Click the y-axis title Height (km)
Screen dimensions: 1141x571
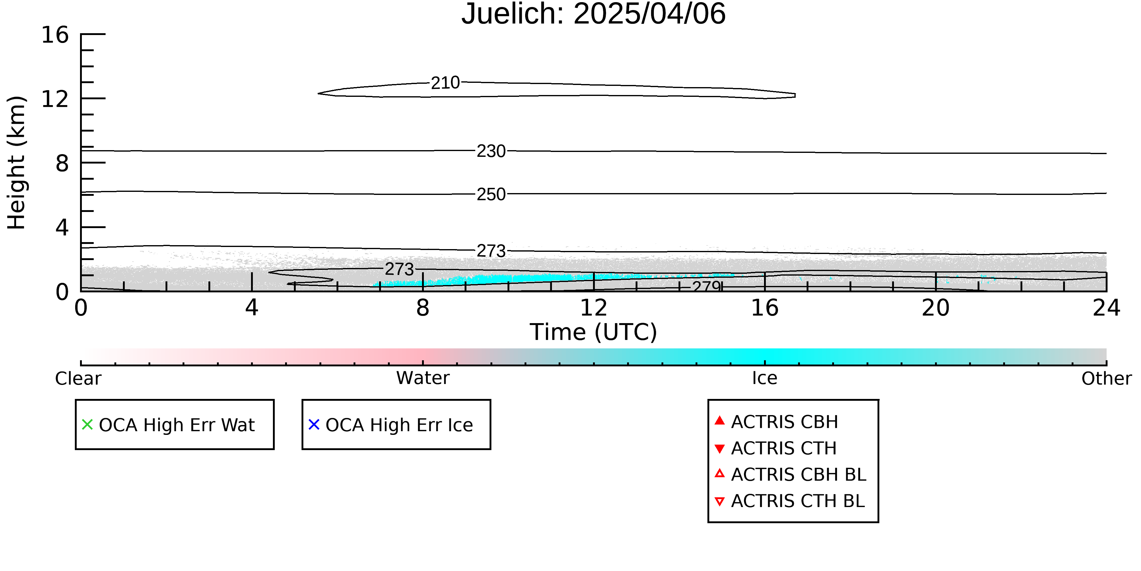(16, 163)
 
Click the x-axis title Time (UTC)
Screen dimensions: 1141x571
(594, 332)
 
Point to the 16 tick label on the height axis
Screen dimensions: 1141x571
(55, 35)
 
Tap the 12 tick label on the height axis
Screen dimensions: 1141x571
(55, 99)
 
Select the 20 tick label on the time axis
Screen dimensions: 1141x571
(936, 308)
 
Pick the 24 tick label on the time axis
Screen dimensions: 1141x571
(1106, 308)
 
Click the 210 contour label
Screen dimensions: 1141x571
(445, 83)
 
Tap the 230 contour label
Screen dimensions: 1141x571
(491, 151)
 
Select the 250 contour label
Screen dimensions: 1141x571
(491, 194)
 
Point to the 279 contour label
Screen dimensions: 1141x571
(707, 286)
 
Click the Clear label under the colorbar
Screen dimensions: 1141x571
(78, 379)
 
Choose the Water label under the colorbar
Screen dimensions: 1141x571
(423, 378)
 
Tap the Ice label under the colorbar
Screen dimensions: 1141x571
(765, 378)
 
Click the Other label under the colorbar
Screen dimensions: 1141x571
(1106, 379)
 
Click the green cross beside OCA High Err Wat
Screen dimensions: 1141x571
(87, 425)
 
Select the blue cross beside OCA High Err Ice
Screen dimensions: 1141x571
(314, 425)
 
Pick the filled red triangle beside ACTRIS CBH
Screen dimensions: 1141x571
(720, 420)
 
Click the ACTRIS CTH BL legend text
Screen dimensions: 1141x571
(798, 501)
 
